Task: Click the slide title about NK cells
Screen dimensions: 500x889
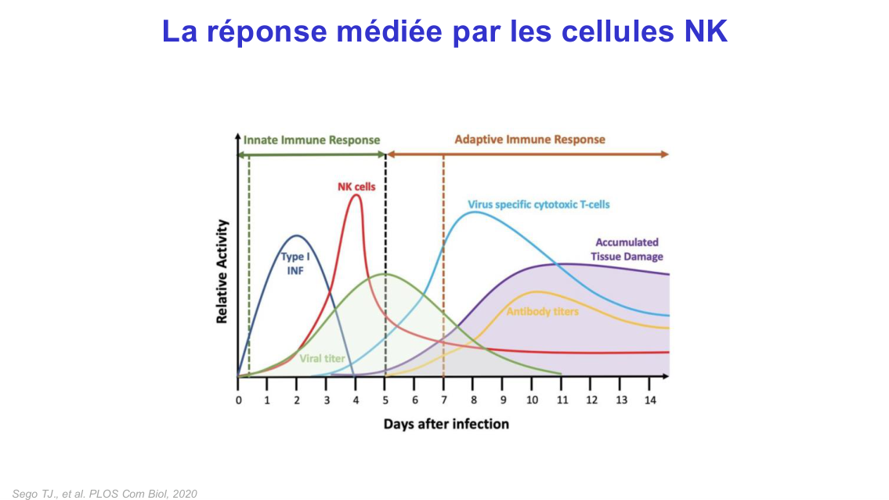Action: (444, 31)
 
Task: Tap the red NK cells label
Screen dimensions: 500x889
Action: (356, 187)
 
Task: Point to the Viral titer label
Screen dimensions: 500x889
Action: (322, 358)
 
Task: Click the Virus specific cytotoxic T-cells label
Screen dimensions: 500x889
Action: (538, 205)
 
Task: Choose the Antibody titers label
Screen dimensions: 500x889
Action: (542, 312)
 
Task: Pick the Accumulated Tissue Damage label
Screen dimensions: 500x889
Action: (627, 249)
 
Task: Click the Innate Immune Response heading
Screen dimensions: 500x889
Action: (311, 140)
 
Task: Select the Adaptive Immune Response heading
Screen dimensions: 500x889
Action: (529, 139)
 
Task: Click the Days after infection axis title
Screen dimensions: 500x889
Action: (446, 424)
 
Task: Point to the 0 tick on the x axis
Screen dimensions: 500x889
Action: (239, 400)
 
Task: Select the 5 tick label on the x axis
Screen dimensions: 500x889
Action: (385, 400)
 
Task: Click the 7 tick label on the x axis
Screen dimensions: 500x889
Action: (444, 400)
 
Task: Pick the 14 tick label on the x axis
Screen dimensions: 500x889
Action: (649, 400)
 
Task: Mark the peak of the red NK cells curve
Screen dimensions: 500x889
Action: (356, 195)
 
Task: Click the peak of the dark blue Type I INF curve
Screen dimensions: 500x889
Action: (296, 235)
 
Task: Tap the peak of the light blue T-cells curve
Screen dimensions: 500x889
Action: (475, 212)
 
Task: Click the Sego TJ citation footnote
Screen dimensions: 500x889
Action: (105, 494)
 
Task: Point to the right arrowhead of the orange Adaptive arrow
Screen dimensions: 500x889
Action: (666, 154)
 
